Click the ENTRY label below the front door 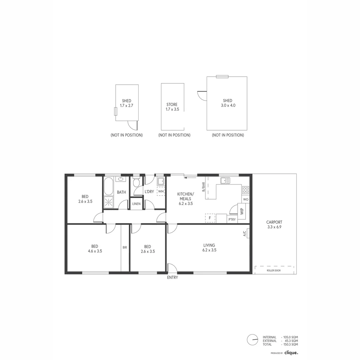[x=172, y=277]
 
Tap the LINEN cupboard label [x=136, y=204]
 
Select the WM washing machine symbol [x=161, y=191]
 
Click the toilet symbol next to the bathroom [x=136, y=183]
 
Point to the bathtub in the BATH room [x=109, y=187]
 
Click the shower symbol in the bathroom [x=109, y=202]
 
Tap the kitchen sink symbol [x=225, y=180]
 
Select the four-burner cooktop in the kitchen [x=246, y=190]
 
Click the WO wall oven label [x=246, y=199]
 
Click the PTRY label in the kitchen [x=232, y=219]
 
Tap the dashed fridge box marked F [x=210, y=218]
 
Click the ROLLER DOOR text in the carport [x=274, y=270]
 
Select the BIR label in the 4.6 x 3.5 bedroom [x=125, y=248]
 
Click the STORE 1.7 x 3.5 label [x=172, y=107]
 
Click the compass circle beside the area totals [x=252, y=340]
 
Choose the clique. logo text [x=291, y=352]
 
